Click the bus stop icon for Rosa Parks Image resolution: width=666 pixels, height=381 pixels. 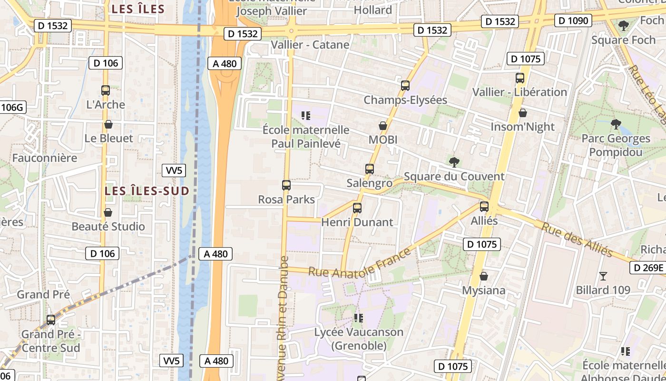click(x=286, y=185)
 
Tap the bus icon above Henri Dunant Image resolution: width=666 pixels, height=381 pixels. click(x=357, y=208)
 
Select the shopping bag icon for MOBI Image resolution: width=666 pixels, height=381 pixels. click(x=383, y=126)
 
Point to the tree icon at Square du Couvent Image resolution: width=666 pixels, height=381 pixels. click(x=454, y=162)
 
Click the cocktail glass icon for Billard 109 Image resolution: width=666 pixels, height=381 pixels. click(x=603, y=276)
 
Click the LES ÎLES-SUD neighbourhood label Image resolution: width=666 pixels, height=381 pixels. click(x=147, y=191)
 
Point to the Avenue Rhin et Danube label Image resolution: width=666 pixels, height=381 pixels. click(x=284, y=319)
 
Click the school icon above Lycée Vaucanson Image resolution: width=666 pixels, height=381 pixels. click(x=359, y=318)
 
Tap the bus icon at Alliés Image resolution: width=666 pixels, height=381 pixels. click(x=484, y=207)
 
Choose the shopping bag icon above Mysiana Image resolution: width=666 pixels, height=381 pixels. click(x=484, y=276)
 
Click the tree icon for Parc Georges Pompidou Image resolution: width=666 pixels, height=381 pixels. click(x=616, y=125)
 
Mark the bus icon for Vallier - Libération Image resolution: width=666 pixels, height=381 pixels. click(x=520, y=78)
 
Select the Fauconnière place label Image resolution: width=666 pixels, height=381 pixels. click(x=45, y=158)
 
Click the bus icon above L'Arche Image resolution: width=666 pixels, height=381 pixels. click(x=106, y=90)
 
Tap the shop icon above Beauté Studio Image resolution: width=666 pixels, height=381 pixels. click(x=108, y=212)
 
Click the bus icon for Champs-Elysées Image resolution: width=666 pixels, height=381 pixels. click(x=405, y=86)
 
